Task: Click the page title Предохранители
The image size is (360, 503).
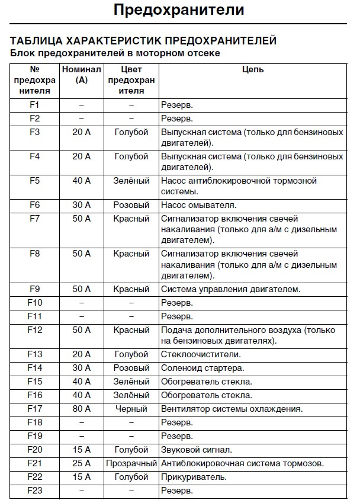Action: coord(178,10)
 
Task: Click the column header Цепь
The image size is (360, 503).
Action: coord(253,70)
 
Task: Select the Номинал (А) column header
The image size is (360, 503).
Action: coord(82,75)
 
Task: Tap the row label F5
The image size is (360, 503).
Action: coord(34,181)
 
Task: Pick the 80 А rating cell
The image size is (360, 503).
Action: coord(82,409)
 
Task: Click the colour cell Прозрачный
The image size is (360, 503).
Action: coord(131,463)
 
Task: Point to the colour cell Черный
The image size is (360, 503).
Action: coord(131,409)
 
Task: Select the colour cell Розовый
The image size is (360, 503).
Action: coord(131,205)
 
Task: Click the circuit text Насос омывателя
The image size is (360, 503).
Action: coord(198,205)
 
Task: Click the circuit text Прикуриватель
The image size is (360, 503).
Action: coord(194,477)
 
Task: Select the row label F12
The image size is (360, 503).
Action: coord(34,330)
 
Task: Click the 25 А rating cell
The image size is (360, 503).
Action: coord(82,463)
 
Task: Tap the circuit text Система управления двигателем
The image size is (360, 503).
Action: coord(231,289)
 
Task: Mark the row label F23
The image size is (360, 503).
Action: coord(34,491)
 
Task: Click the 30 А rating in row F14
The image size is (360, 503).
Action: coord(82,368)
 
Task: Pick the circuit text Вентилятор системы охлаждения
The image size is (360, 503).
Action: coord(232,409)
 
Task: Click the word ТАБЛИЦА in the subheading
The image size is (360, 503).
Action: coord(36,41)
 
